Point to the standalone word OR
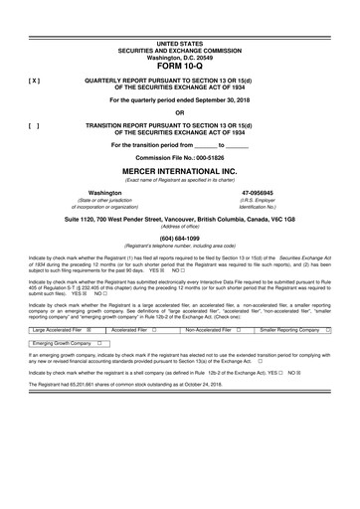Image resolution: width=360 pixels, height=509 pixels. tap(179, 111)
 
